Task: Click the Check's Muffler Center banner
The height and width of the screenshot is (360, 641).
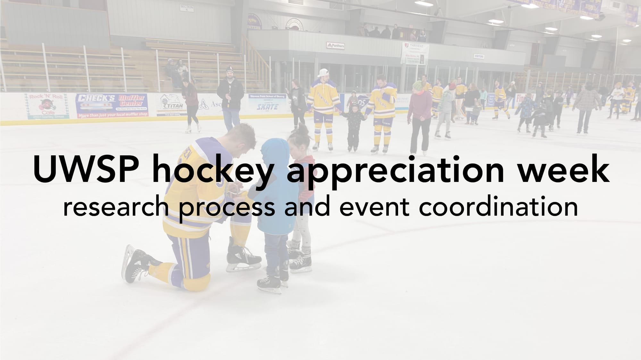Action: tap(112, 105)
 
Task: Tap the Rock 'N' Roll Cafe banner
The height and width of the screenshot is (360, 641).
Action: tap(47, 106)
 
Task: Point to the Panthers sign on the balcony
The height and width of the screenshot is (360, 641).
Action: tap(336, 45)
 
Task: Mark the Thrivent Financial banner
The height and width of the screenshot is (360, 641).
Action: tap(414, 53)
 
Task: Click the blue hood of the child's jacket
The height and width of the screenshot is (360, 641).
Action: tap(274, 151)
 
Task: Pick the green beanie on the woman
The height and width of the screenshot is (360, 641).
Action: tap(418, 85)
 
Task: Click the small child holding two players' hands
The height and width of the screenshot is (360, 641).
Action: tap(353, 128)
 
